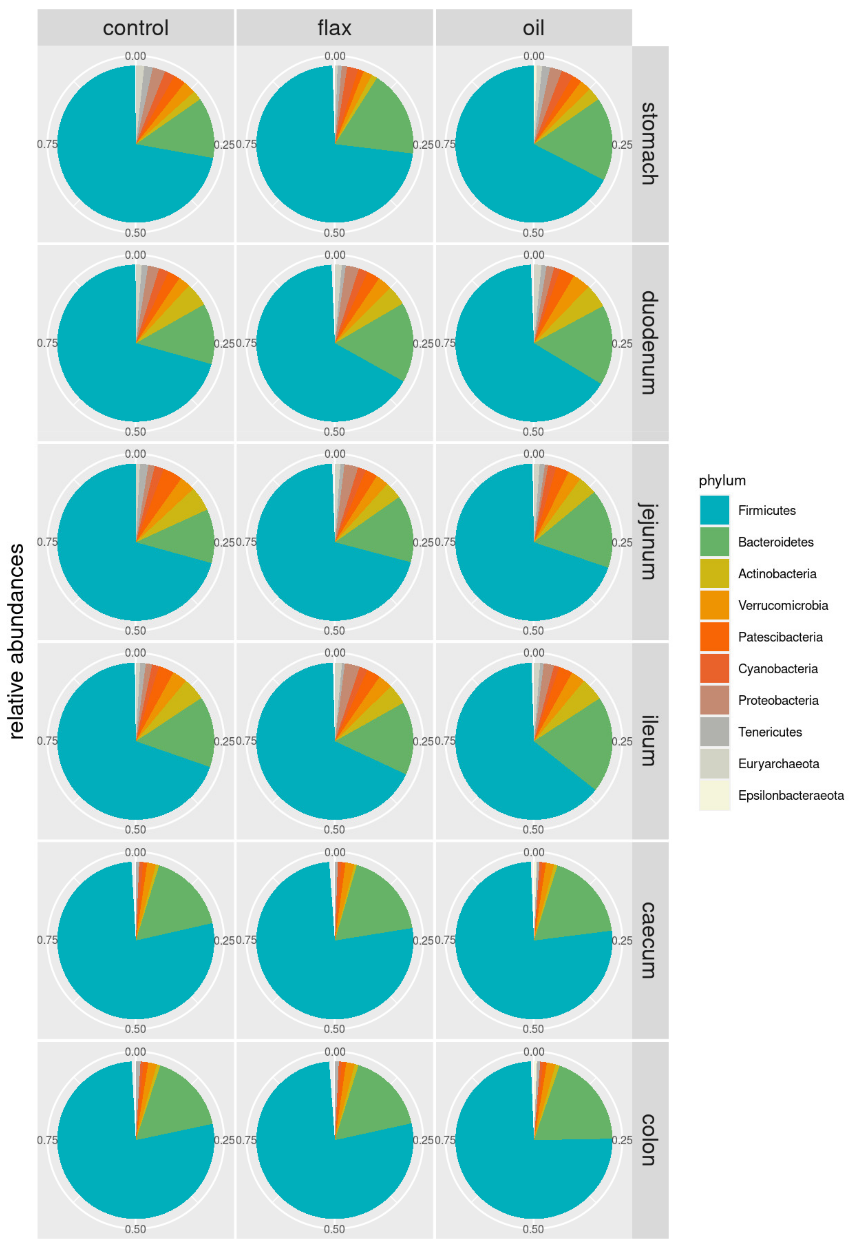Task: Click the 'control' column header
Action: click(x=136, y=28)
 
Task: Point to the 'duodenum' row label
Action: click(x=649, y=343)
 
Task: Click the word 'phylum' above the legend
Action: click(x=722, y=480)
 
